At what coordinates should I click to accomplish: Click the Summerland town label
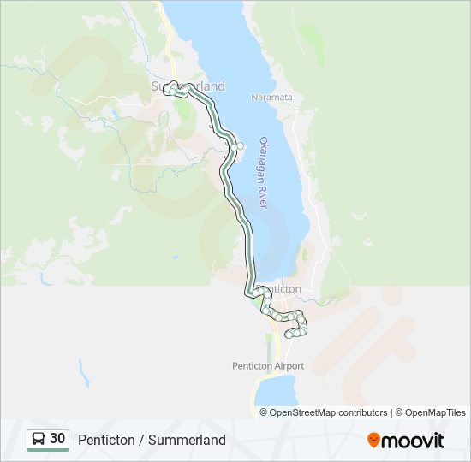pos(188,86)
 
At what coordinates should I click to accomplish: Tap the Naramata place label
pos(271,98)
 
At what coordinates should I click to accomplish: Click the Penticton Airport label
pos(268,366)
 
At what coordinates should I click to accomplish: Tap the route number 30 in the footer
pos(57,439)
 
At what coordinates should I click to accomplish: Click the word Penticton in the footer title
pos(106,440)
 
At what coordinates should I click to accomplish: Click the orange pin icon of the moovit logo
pos(373,440)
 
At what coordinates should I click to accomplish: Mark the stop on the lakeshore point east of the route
pos(241,145)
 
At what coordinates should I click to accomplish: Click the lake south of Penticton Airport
pos(276,392)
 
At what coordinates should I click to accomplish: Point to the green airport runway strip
pos(269,346)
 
